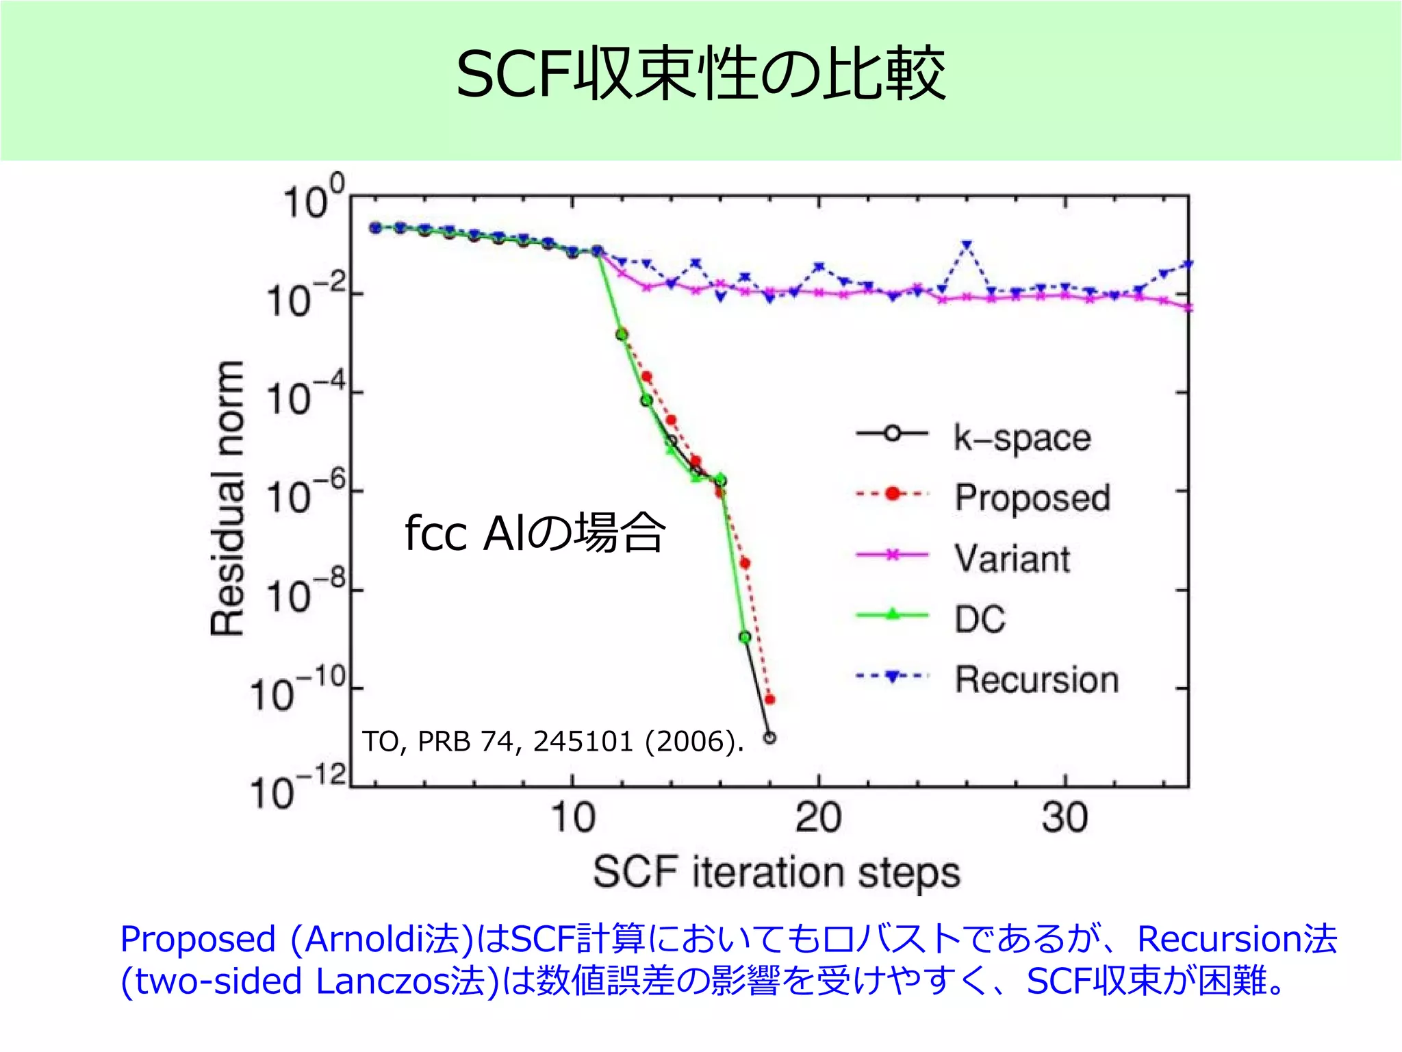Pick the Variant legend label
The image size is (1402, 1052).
(1012, 558)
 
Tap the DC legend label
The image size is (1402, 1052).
(980, 618)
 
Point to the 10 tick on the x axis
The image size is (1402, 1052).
(573, 818)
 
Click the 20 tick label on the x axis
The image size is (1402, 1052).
(818, 818)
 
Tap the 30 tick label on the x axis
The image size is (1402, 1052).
(1065, 818)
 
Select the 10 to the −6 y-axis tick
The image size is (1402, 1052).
(305, 494)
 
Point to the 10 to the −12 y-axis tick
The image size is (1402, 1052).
(298, 789)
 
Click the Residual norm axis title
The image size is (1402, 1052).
(227, 498)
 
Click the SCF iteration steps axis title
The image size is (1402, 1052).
(776, 873)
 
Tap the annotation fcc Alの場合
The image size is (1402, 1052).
(535, 533)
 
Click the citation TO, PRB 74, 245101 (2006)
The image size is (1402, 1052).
(552, 742)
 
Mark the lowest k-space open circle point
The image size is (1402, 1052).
(769, 738)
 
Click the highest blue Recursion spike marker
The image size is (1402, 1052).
(967, 245)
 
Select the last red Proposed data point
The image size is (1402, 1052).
(769, 699)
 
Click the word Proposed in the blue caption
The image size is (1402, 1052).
(197, 940)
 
